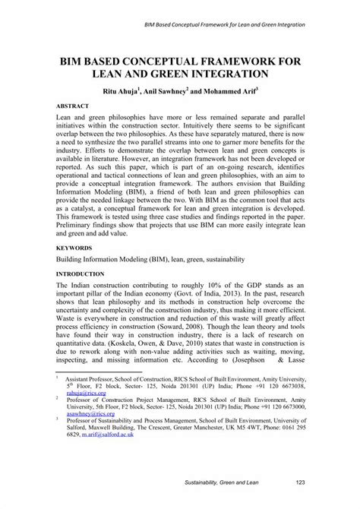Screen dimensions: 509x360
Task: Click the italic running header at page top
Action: pyautogui.click(x=224, y=25)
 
